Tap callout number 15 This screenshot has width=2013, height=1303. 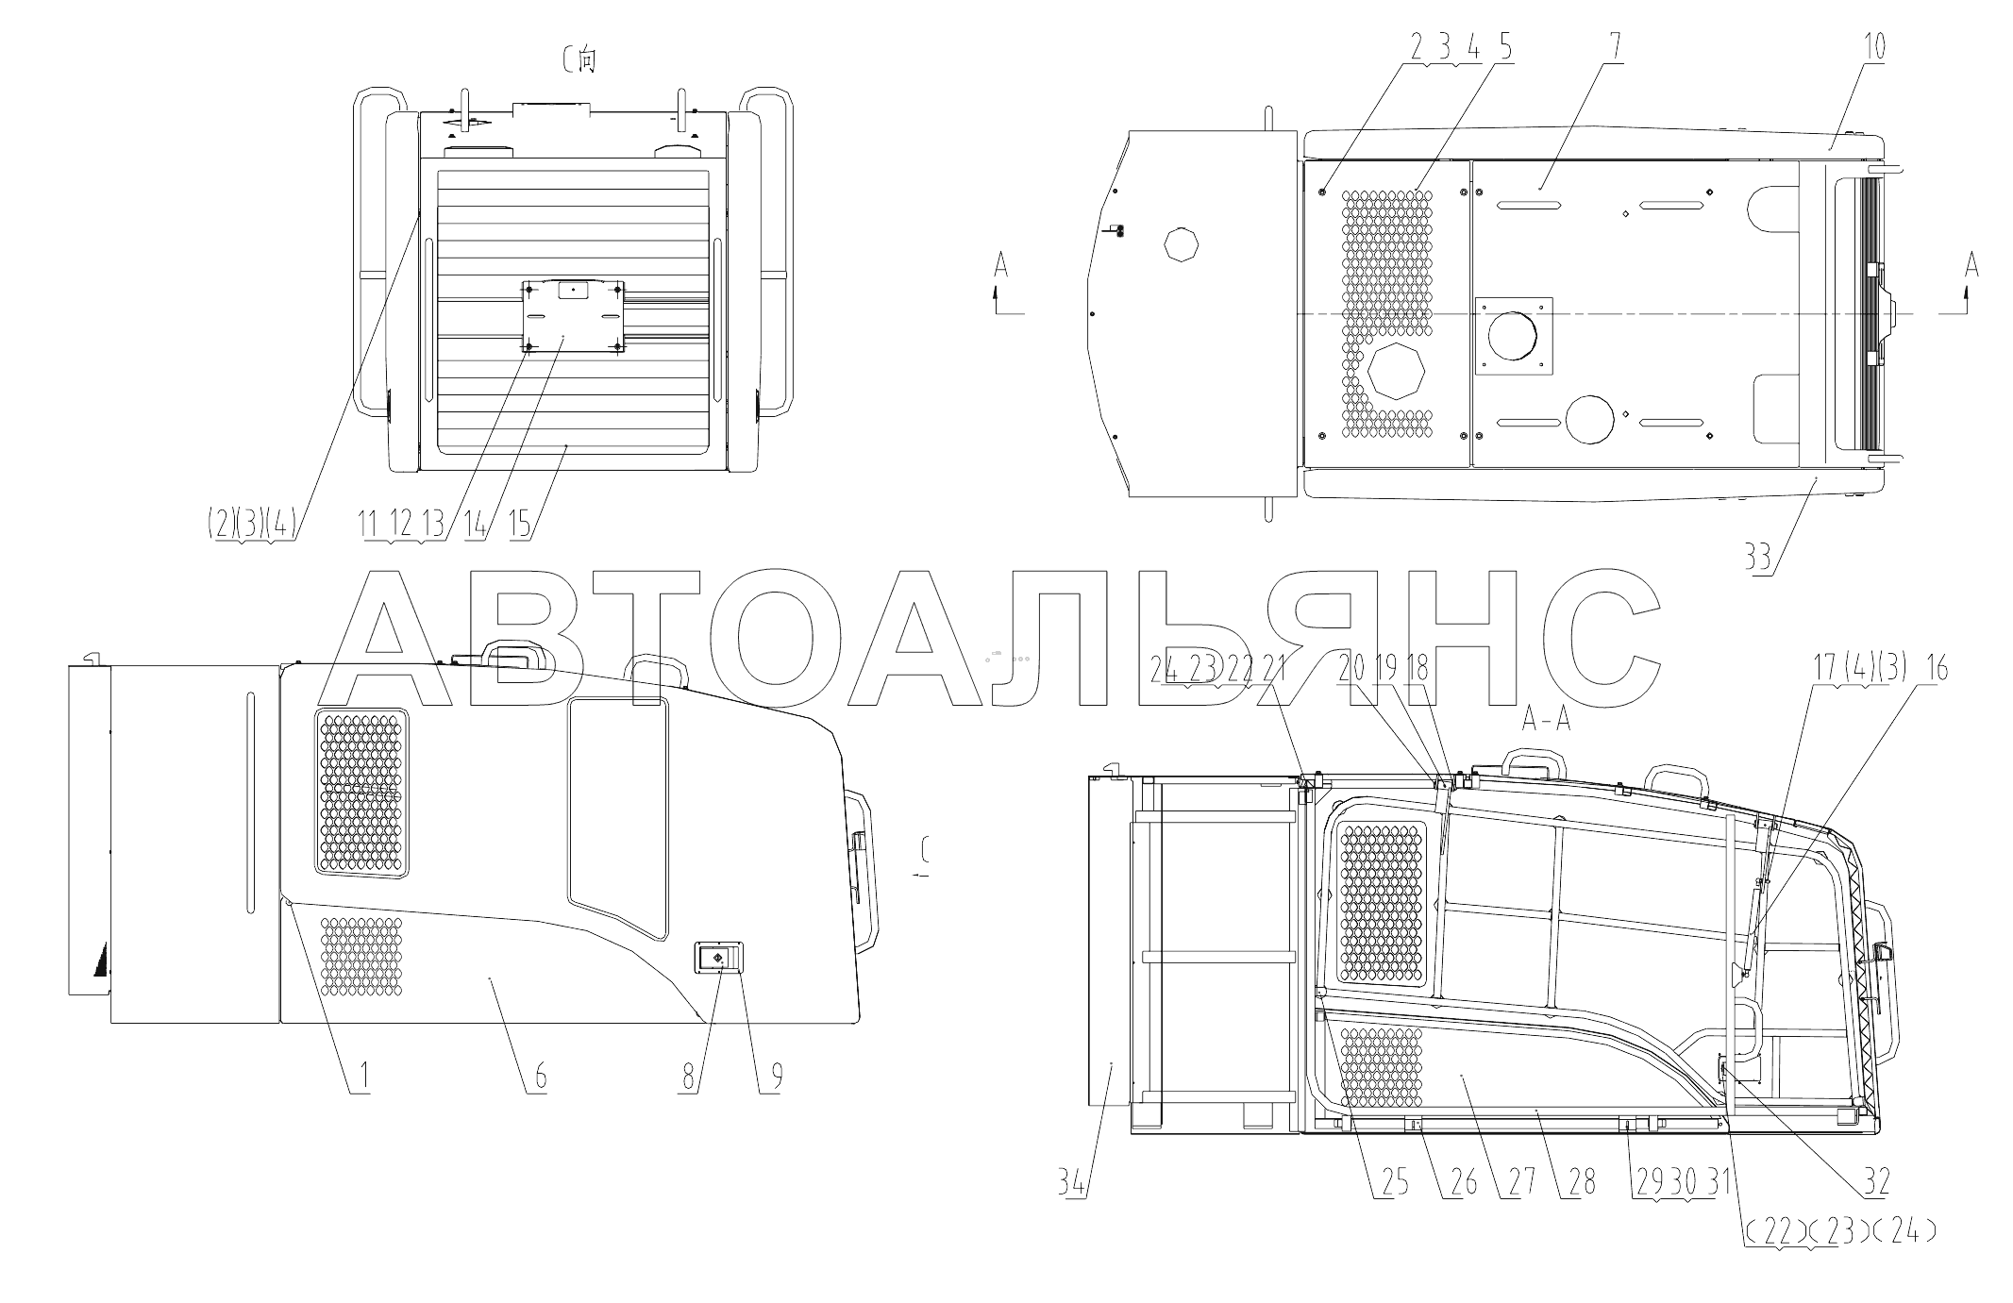(521, 523)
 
